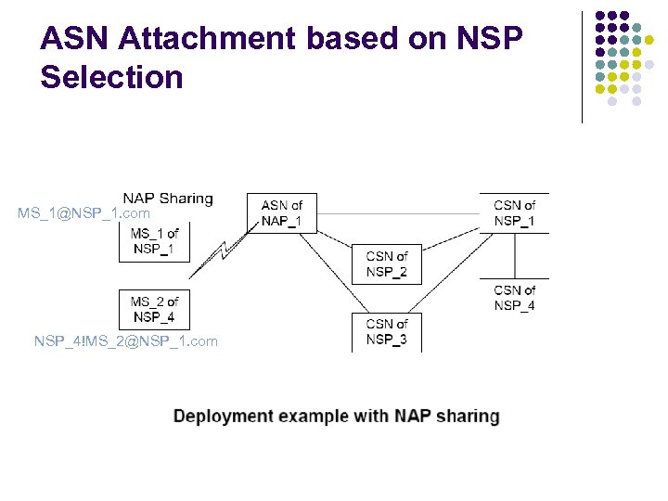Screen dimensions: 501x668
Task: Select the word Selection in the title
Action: (111, 77)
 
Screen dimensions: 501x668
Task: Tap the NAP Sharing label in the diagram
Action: (168, 199)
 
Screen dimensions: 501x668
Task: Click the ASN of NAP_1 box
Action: (281, 213)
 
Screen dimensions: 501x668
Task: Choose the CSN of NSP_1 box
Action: (514, 213)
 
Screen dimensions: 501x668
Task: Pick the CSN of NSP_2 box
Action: (386, 264)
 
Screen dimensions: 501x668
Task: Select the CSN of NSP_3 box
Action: (386, 332)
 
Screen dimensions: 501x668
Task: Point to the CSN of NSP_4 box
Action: (514, 298)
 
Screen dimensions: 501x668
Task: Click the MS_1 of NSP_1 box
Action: (154, 241)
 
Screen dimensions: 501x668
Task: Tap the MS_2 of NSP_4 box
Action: (154, 309)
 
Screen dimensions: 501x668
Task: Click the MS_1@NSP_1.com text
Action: (83, 214)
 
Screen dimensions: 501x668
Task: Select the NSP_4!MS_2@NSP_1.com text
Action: (126, 341)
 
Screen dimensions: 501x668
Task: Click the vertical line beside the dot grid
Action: (582, 67)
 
